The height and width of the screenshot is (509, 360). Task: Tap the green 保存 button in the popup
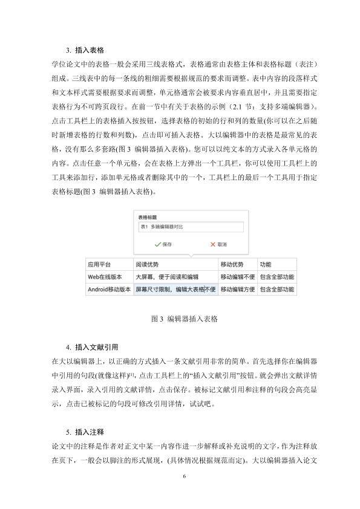[x=163, y=245]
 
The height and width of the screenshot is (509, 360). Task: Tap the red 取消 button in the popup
[x=218, y=245]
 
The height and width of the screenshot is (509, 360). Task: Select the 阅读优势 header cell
[x=175, y=265]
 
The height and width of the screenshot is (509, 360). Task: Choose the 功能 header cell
[x=277, y=265]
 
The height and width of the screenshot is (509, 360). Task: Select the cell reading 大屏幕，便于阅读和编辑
[x=175, y=277]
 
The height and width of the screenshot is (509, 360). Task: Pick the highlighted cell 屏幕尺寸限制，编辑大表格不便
[x=175, y=290]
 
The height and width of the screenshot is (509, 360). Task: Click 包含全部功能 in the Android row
[x=277, y=290]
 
